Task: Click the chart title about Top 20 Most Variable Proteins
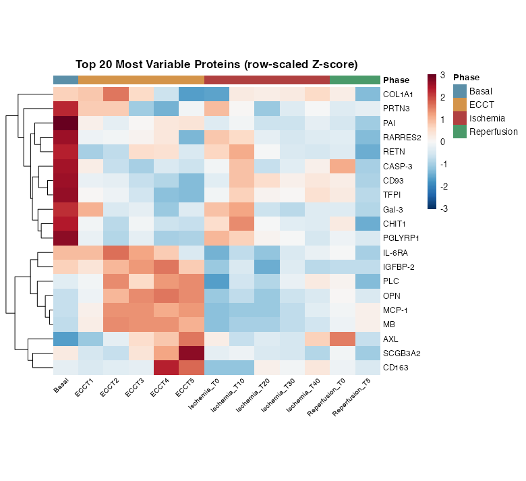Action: pos(216,65)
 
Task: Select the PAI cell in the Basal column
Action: pos(66,123)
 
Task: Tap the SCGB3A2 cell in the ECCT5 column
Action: pos(192,353)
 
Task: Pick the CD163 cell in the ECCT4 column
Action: pos(167,368)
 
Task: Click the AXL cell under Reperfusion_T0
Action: pos(343,339)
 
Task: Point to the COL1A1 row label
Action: pos(398,94)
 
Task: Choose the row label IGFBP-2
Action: pos(399,267)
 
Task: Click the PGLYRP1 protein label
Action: pos(401,238)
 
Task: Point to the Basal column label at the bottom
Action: pos(63,393)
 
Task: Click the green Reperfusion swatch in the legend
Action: pos(460,132)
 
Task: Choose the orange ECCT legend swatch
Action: pos(460,105)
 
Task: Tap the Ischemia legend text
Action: pos(487,118)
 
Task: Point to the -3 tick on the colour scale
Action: pos(442,208)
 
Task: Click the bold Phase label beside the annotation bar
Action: pos(396,80)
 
